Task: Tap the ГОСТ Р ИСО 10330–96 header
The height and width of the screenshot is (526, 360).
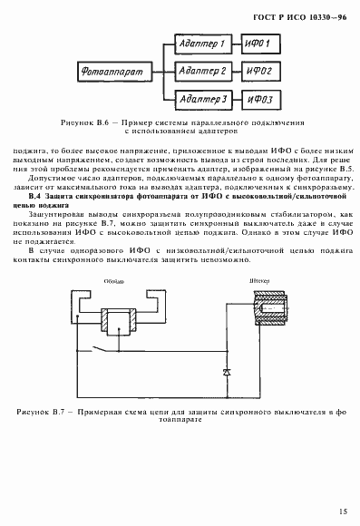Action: coord(304,17)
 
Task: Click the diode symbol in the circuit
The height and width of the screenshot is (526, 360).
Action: coord(227,372)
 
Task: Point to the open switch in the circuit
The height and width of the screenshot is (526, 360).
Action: coord(109,348)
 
